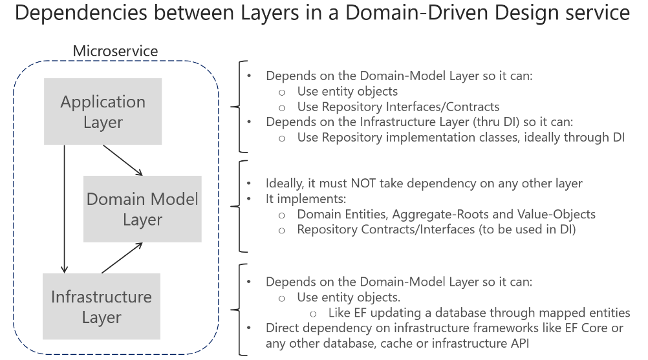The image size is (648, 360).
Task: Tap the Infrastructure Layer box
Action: [102, 307]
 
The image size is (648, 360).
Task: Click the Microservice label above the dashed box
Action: [114, 50]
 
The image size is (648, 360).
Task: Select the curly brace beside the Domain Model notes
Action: [241, 206]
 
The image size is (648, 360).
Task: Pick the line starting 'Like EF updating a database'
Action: [479, 313]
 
